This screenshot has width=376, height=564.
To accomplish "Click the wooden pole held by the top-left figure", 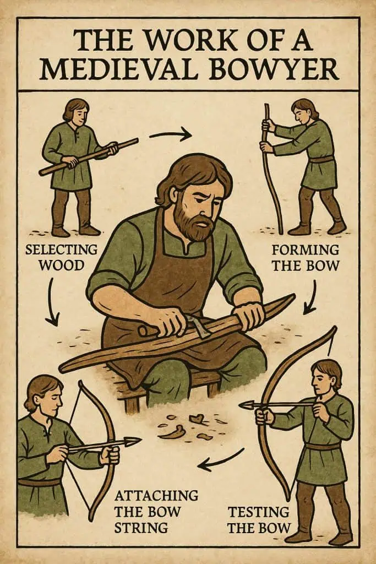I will pyautogui.click(x=88, y=156).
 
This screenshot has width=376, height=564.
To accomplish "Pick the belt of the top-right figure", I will pyautogui.click(x=321, y=160).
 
